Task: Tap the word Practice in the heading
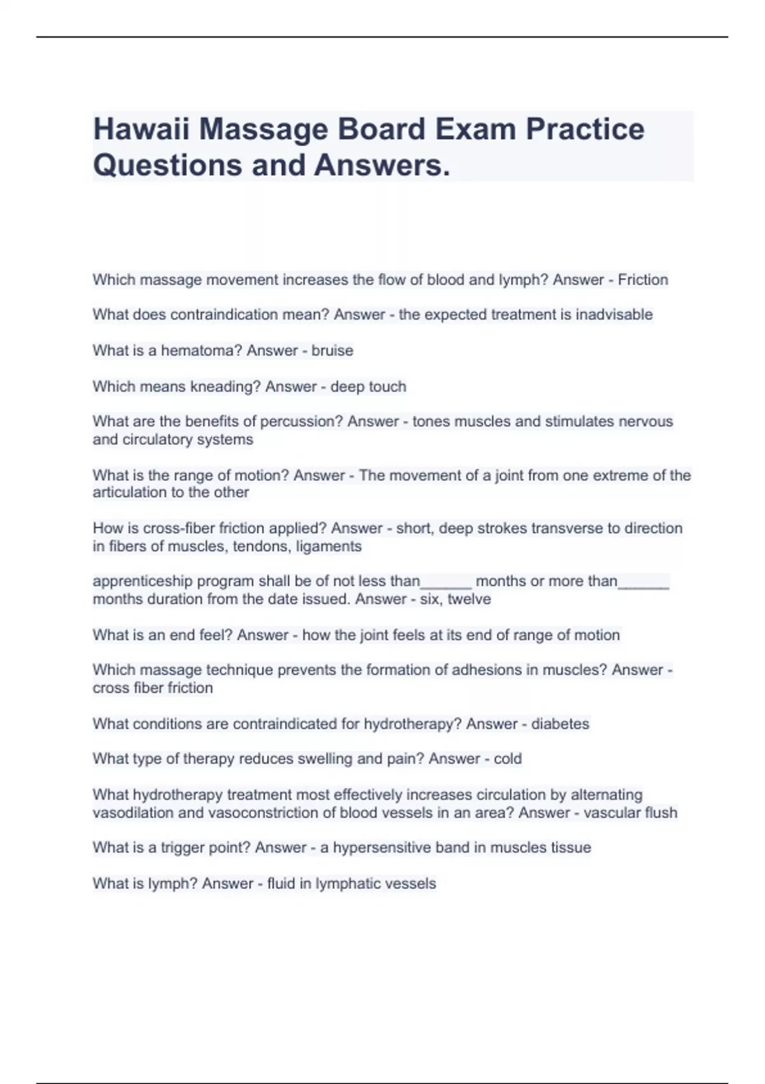(585, 129)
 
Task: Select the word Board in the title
(381, 129)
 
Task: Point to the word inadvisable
(614, 314)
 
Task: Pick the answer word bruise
(332, 350)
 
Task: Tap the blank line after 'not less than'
(446, 583)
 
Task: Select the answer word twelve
(469, 599)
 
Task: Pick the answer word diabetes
(560, 724)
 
